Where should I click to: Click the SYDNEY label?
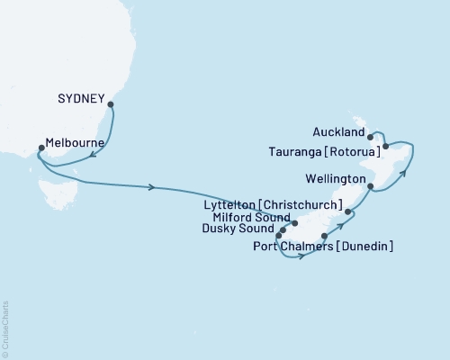[83, 97]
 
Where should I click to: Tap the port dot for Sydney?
[111, 105]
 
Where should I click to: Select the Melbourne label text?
[75, 144]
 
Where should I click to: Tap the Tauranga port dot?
[385, 146]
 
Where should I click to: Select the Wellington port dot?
[371, 186]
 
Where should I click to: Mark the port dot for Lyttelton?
[347, 213]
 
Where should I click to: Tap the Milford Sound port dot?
[294, 221]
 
